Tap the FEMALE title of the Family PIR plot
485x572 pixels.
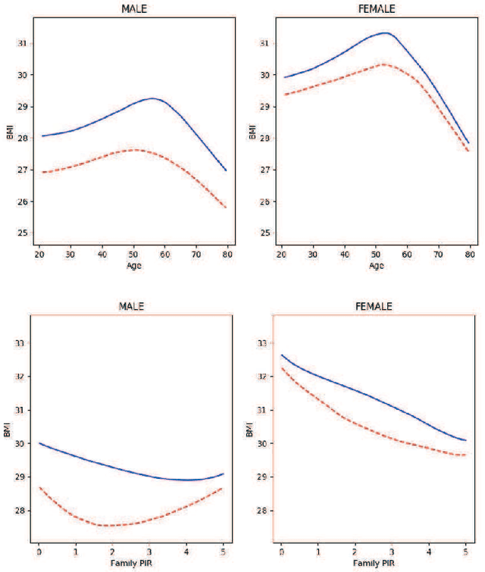point(374,306)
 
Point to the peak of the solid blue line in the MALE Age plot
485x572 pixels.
point(153,98)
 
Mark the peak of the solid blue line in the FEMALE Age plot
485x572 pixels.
point(386,33)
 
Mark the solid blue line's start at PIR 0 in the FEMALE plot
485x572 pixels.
point(282,355)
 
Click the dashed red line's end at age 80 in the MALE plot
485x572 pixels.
point(226,208)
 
